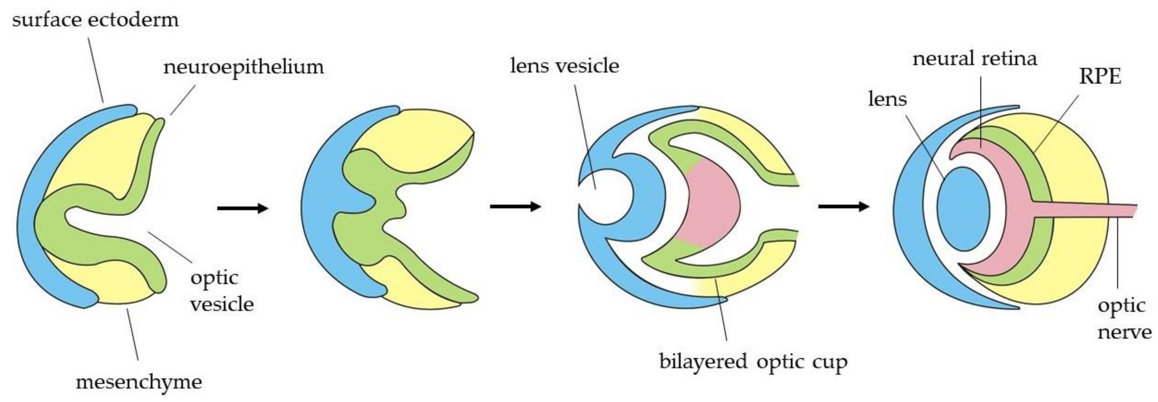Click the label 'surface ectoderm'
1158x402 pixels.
(95, 20)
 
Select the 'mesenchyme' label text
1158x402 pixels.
(139, 382)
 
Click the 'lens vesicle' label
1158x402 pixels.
(565, 66)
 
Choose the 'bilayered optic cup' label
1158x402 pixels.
(753, 362)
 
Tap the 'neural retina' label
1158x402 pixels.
(975, 59)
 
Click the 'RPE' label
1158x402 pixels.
(1100, 76)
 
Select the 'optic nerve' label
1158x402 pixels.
(1124, 319)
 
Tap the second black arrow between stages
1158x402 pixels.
(515, 207)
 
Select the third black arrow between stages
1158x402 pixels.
(843, 207)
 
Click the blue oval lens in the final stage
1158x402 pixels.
(963, 209)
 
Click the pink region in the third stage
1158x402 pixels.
(710, 207)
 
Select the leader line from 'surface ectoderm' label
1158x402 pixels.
(95, 70)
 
